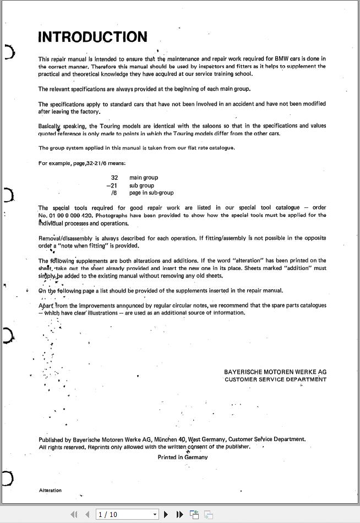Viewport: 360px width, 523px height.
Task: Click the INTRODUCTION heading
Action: click(92, 37)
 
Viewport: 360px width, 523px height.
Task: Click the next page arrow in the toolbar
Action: click(166, 514)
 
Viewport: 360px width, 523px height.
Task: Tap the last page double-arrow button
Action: click(179, 514)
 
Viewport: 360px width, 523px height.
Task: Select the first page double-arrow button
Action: click(74, 514)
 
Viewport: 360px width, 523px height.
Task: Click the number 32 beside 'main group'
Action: click(114, 178)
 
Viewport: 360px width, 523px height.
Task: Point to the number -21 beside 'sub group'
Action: click(112, 185)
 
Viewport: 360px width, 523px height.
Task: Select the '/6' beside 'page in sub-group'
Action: click(114, 193)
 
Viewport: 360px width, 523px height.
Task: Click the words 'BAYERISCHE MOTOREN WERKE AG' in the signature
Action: click(275, 372)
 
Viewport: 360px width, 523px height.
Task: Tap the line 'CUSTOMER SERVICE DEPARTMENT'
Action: click(275, 379)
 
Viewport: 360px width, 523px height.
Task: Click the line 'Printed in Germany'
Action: click(182, 457)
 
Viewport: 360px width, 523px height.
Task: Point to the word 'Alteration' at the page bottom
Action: click(50, 490)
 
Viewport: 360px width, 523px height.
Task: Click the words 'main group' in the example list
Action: click(144, 178)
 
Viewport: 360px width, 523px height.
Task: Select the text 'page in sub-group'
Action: click(151, 193)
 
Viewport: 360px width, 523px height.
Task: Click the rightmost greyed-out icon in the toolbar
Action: click(209, 514)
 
